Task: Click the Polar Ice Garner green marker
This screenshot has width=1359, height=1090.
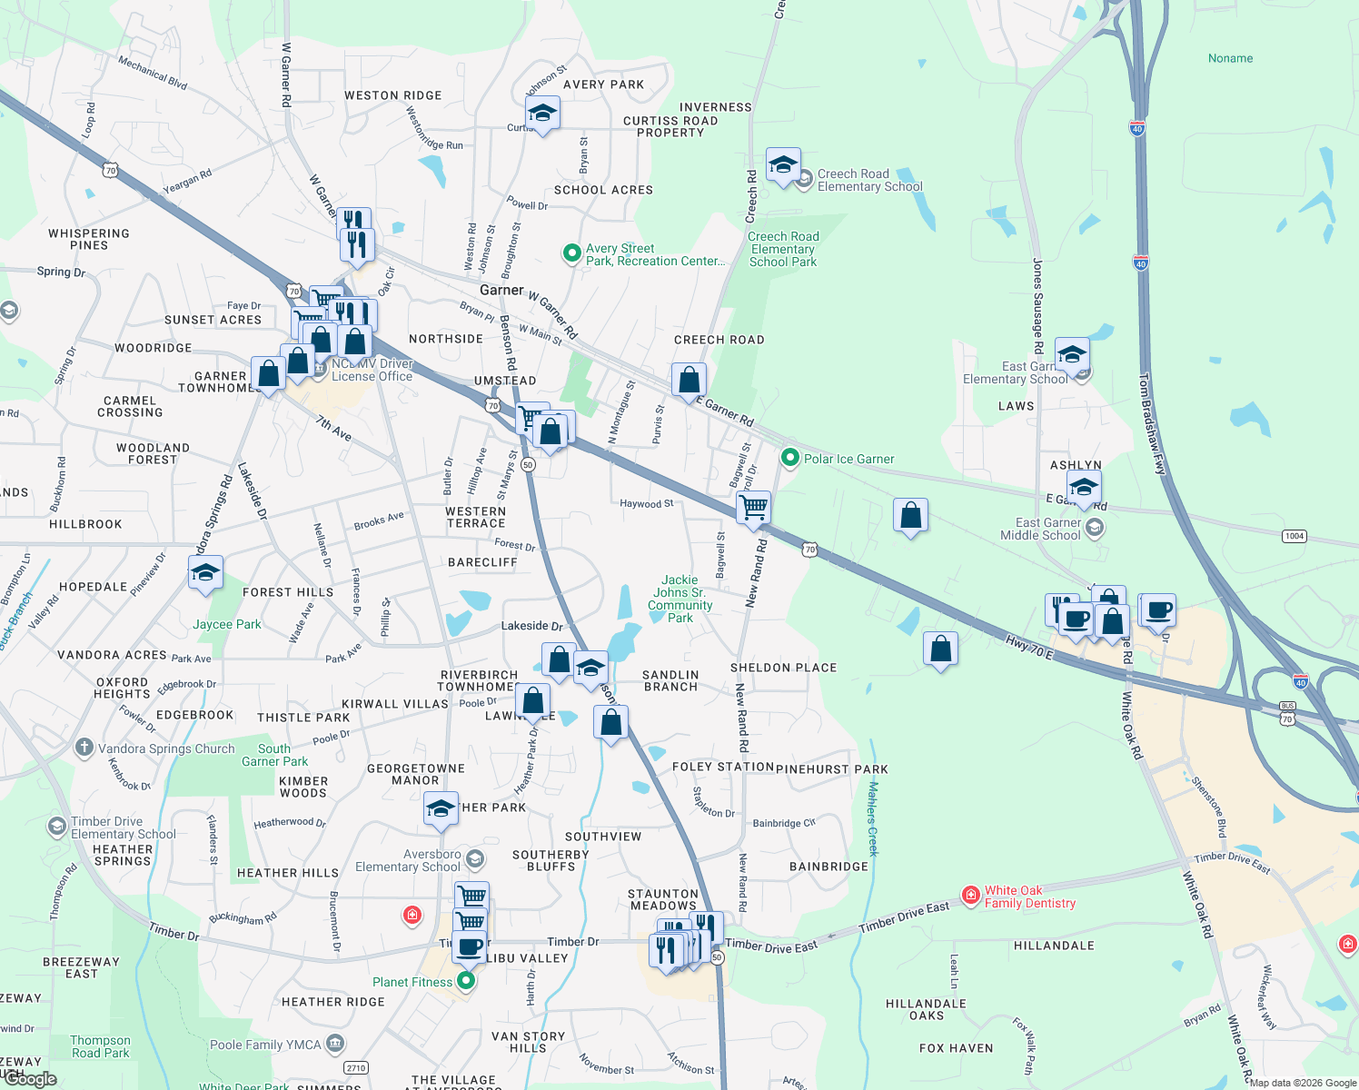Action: coord(790,458)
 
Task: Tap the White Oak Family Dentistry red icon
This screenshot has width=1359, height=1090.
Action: coord(971,896)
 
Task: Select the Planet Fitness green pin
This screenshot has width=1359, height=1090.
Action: coord(466,981)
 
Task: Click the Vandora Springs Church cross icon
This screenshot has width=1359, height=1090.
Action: coord(84,748)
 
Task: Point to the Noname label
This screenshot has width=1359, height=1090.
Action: coord(1230,58)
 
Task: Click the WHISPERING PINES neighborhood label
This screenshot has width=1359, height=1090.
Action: coord(89,239)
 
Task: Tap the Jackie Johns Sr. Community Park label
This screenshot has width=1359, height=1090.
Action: coord(680,599)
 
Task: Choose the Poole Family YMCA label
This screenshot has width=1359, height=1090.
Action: coord(265,1045)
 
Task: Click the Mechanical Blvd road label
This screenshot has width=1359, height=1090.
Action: coord(153,73)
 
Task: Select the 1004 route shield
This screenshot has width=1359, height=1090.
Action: coord(1295,536)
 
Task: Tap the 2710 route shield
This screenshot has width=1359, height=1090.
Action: coord(356,1068)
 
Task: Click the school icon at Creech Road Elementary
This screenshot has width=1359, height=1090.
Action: coord(783,165)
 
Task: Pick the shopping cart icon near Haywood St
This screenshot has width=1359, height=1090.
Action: coord(753,507)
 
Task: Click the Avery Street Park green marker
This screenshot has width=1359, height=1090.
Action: coord(571,253)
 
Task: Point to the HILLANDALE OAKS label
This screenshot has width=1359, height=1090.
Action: coord(926,1009)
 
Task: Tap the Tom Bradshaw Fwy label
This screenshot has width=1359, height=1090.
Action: coord(1153,423)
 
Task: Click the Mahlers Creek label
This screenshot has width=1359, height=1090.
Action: coord(873,818)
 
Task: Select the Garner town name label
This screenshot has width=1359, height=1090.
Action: coord(501,290)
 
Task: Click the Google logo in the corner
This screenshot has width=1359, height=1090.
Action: coord(31,1079)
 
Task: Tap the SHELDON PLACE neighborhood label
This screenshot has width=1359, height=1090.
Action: coord(783,668)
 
